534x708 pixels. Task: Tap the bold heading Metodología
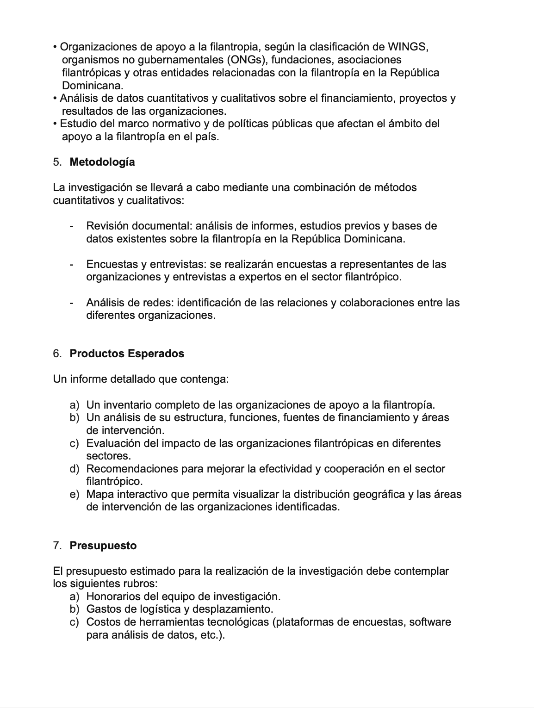pyautogui.click(x=102, y=162)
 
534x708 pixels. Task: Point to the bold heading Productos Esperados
pyautogui.click(x=127, y=354)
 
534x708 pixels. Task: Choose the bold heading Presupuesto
pyautogui.click(x=103, y=546)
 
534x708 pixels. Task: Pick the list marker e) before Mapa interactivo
pyautogui.click(x=75, y=494)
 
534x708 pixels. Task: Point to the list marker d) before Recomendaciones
pyautogui.click(x=75, y=469)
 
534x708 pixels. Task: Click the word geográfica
pyautogui.click(x=379, y=494)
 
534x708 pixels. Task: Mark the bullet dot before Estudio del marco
pyautogui.click(x=56, y=124)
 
